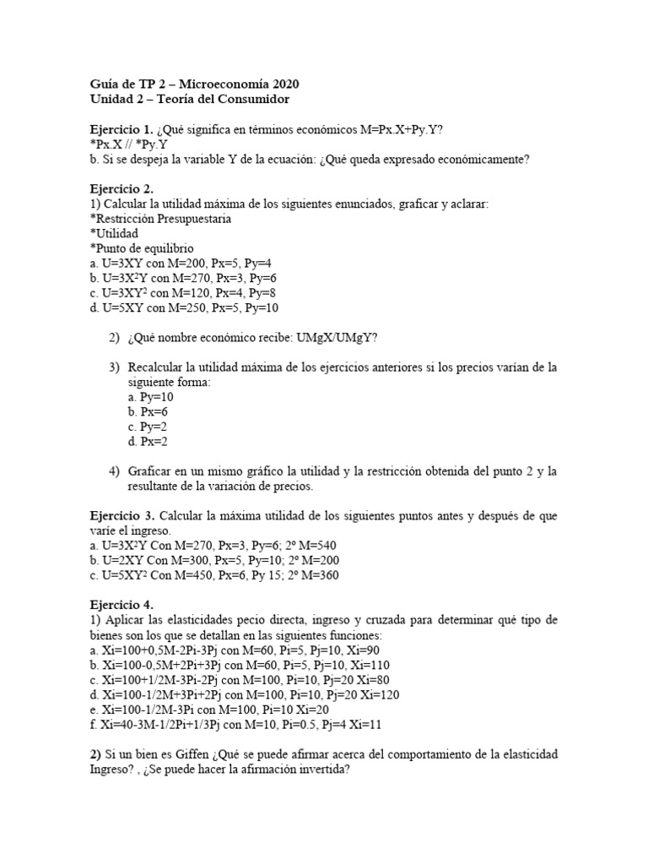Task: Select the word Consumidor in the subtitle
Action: click(x=254, y=100)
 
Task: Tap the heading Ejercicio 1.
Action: click(x=121, y=129)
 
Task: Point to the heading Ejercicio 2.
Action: click(x=121, y=188)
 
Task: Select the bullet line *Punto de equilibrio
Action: click(x=142, y=248)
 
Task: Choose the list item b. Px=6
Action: click(x=148, y=411)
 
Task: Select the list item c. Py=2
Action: click(x=148, y=427)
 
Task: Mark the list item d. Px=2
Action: click(x=148, y=441)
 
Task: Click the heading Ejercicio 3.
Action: click(x=121, y=515)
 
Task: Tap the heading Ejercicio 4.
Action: click(x=121, y=606)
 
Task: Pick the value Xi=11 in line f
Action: click(x=364, y=724)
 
